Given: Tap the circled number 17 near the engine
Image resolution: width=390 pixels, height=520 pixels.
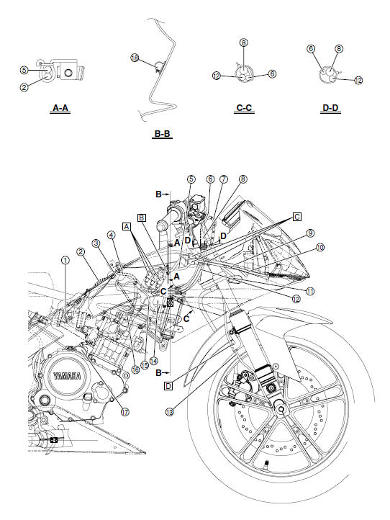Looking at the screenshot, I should click(x=124, y=413).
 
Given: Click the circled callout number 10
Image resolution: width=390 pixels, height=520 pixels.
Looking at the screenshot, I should click(x=319, y=246).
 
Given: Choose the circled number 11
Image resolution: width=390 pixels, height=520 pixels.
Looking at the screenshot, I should click(x=310, y=290).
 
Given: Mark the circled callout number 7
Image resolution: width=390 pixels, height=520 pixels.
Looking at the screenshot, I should click(x=224, y=179).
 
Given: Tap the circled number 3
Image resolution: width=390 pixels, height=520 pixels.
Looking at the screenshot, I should click(x=96, y=243).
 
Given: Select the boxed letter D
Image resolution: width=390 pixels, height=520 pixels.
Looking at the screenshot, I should click(x=168, y=386).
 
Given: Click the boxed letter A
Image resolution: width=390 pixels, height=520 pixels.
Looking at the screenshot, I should click(x=127, y=225).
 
